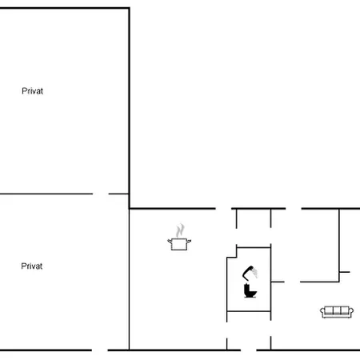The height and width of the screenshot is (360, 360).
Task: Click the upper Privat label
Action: [x=32, y=91]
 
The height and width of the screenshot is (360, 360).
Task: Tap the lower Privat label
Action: [x=32, y=266]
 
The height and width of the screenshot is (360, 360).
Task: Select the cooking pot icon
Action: [x=179, y=244]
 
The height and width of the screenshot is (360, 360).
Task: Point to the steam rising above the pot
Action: [x=180, y=230]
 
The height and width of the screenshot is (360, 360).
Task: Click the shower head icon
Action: [x=250, y=273]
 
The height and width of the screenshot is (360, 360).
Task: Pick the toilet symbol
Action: [x=250, y=290]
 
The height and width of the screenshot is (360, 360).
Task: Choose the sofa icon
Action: [x=337, y=312]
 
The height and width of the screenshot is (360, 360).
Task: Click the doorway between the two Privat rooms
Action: [x=101, y=194]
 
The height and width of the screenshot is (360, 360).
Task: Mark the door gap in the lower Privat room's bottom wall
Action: [x=100, y=350]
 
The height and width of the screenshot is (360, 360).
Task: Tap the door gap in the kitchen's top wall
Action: [x=223, y=209]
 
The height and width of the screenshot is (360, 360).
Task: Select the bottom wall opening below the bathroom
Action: [x=249, y=350]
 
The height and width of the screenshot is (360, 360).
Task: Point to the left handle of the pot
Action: [x=170, y=241]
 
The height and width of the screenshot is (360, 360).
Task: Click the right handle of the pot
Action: [x=189, y=241]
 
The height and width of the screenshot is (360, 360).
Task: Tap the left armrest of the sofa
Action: [x=322, y=311]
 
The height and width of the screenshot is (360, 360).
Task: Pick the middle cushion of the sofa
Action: [x=337, y=310]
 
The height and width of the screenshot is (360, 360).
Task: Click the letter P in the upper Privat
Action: [x=24, y=91]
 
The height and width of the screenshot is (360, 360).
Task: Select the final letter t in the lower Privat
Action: [x=41, y=266]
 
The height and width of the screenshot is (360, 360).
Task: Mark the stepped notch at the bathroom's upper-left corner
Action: [x=232, y=252]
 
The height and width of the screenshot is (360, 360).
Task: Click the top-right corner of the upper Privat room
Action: [x=130, y=8]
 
